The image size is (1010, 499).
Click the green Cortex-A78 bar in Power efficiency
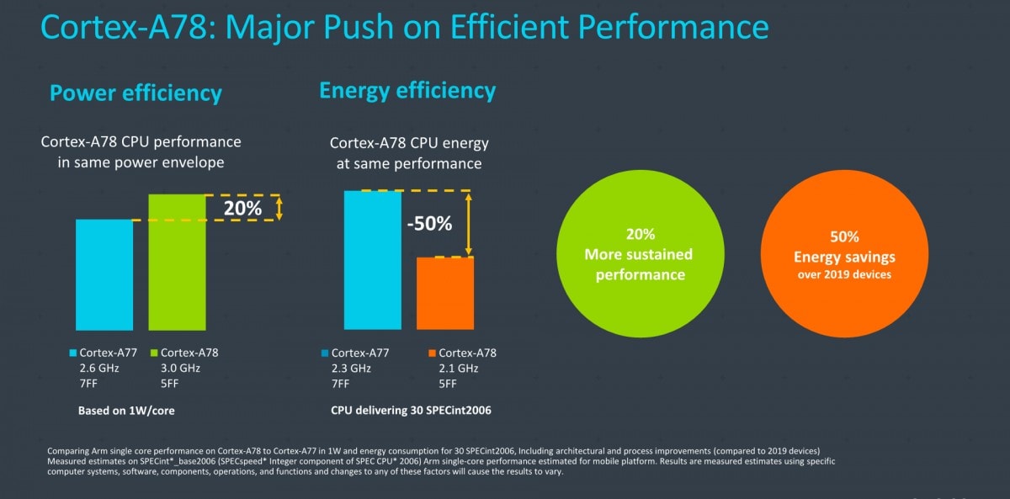click(x=177, y=262)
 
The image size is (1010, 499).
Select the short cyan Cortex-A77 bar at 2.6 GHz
click(x=104, y=274)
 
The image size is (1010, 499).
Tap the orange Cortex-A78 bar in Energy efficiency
click(x=445, y=292)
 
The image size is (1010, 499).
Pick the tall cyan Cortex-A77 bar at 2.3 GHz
click(x=372, y=259)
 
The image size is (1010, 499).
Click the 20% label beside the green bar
click(x=242, y=207)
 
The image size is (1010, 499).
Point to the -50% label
click(x=429, y=224)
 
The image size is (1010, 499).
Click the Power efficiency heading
click(x=136, y=93)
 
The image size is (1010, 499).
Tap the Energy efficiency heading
click(x=407, y=90)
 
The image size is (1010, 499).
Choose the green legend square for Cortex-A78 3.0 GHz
click(x=154, y=353)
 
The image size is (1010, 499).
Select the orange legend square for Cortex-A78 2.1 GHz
click(x=432, y=353)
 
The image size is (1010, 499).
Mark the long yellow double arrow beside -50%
click(x=469, y=223)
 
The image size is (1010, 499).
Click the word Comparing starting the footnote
click(x=72, y=451)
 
